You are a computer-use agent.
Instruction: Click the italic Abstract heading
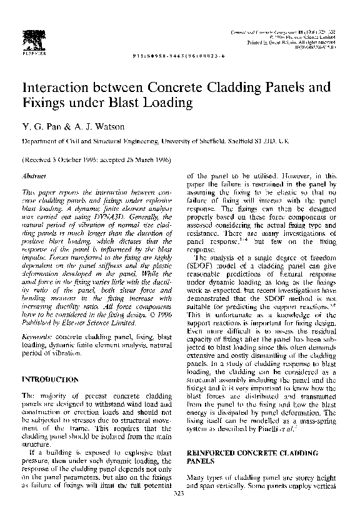pyautogui.click(x=32, y=177)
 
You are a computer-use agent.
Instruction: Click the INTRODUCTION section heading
pyautogui.click(x=50, y=380)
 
